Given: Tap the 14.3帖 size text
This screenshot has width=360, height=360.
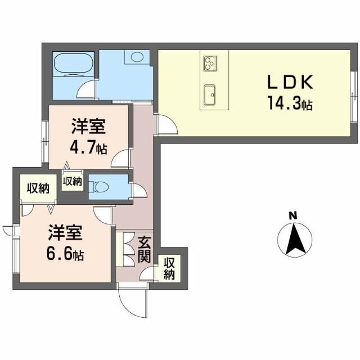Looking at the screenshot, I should (x=291, y=104).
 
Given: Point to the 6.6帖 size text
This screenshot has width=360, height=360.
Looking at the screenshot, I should (x=65, y=255).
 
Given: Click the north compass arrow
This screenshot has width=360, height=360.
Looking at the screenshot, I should (x=293, y=239).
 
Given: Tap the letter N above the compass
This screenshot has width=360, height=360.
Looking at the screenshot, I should (x=292, y=215).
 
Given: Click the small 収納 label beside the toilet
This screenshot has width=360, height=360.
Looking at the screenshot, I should (x=72, y=181).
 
